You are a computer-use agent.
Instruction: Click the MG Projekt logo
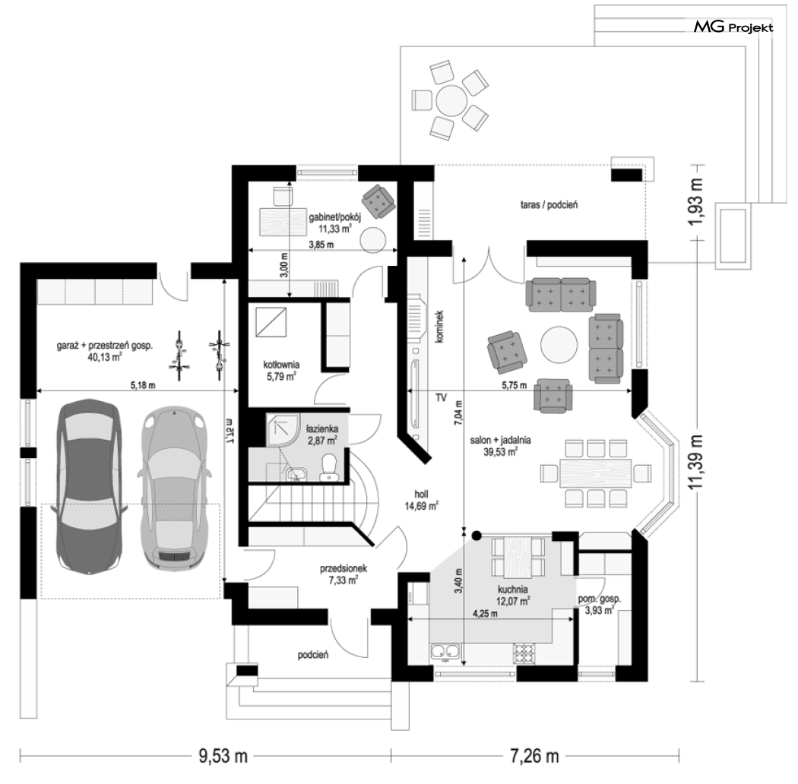[733, 27]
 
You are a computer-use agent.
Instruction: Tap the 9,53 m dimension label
[223, 756]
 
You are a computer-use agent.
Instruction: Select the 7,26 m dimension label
[534, 756]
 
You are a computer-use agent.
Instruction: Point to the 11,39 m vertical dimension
[696, 462]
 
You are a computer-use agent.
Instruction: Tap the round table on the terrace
[451, 100]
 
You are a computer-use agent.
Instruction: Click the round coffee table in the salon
[559, 344]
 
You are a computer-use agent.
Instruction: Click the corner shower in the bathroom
[280, 430]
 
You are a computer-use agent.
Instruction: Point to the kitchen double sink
[445, 652]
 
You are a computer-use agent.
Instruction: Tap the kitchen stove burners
[524, 653]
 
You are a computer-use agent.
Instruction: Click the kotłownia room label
[281, 365]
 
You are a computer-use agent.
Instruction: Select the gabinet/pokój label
[335, 218]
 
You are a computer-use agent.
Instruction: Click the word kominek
[440, 327]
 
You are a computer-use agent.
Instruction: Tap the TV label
[441, 397]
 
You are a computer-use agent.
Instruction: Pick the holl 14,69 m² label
[421, 500]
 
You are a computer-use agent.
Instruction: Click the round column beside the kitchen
[477, 536]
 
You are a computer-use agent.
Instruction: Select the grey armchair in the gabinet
[378, 201]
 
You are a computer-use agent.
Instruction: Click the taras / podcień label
[549, 205]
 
